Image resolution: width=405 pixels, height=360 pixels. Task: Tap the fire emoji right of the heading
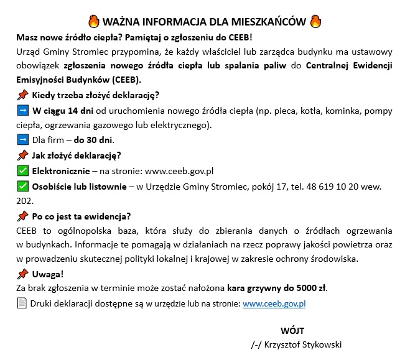pyautogui.click(x=316, y=21)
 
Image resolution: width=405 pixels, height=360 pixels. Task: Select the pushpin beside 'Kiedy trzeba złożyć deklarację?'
pyautogui.click(x=22, y=95)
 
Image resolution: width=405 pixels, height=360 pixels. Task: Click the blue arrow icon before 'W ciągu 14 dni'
pyautogui.click(x=22, y=111)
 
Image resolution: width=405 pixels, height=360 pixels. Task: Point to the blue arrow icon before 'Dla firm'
pyautogui.click(x=22, y=140)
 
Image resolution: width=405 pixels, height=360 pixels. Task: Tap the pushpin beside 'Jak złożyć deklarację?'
pyautogui.click(x=22, y=155)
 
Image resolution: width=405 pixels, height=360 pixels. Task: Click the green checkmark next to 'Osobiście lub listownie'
pyautogui.click(x=22, y=186)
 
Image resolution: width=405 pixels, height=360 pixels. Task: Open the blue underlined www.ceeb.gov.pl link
pyautogui.click(x=274, y=304)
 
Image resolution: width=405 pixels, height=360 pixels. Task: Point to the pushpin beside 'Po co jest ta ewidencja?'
pyautogui.click(x=22, y=216)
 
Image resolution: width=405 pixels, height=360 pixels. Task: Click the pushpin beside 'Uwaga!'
pyautogui.click(x=22, y=274)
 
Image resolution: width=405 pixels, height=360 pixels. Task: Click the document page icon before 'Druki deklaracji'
pyautogui.click(x=22, y=303)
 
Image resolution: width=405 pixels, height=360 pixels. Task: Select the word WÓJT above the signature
pyautogui.click(x=292, y=330)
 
